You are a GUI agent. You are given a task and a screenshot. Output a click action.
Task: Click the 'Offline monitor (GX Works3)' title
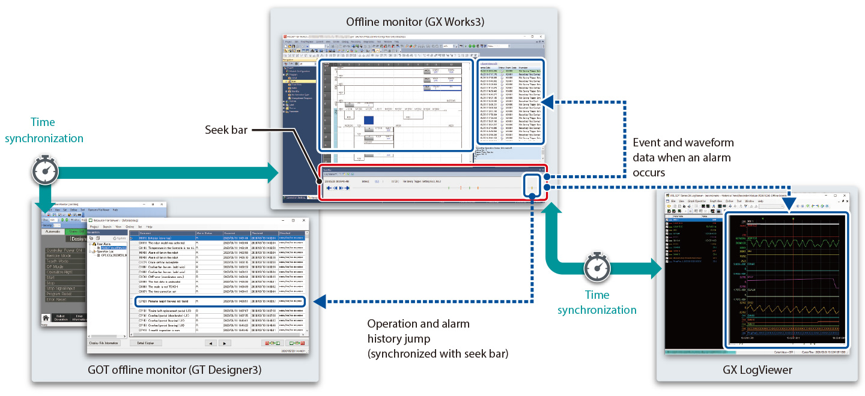pyautogui.click(x=415, y=22)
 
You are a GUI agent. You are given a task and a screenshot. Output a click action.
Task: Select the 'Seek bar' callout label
pyautogui.click(x=225, y=130)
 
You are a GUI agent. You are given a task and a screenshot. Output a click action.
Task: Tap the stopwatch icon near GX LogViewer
pyautogui.click(x=596, y=269)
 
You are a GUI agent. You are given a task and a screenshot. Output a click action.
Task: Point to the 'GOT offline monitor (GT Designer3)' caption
pyautogui.click(x=175, y=370)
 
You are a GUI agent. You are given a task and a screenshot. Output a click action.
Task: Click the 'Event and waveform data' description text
pyautogui.click(x=684, y=157)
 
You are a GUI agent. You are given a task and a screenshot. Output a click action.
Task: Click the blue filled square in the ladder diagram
pyautogui.click(x=368, y=120)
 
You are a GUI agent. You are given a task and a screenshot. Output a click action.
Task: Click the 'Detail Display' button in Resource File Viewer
pyautogui.click(x=145, y=343)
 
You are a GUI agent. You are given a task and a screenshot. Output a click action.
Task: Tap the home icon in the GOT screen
pyautogui.click(x=45, y=318)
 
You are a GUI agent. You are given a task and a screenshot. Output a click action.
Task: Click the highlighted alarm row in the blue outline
pyautogui.click(x=219, y=301)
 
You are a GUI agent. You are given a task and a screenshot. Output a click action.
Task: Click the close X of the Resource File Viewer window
pyautogui.click(x=305, y=220)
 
